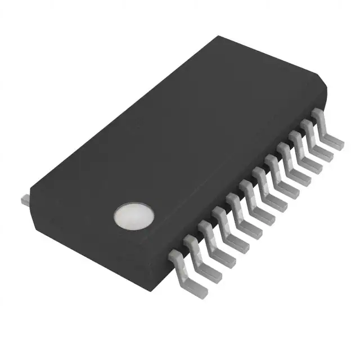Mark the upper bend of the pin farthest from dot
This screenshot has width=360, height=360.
click(x=318, y=114)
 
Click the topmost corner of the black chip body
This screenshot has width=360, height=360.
click(x=218, y=37)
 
